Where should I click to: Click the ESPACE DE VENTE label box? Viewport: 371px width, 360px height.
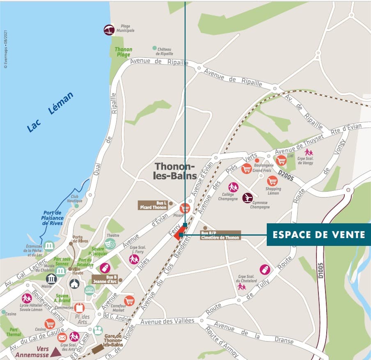point(319,235)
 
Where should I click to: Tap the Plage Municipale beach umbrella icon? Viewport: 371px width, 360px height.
point(109,30)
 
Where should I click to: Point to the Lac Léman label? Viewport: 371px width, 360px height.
point(50,112)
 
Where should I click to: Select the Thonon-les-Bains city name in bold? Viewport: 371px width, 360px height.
point(175,171)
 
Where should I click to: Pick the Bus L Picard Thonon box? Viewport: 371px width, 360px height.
point(153,205)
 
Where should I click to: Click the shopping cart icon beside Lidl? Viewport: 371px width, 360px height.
point(281,160)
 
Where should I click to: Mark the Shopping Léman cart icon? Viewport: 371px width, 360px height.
point(272,181)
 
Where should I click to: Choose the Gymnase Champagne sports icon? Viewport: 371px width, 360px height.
point(247,198)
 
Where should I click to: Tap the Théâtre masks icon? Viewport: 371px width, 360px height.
point(110,243)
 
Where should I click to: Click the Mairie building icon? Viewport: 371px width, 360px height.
point(51,279)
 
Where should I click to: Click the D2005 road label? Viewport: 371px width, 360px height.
point(286,172)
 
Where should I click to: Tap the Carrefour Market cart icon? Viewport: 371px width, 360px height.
point(129,301)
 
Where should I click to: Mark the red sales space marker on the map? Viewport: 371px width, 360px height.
point(178,235)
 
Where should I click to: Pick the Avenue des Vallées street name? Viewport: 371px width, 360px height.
point(167,321)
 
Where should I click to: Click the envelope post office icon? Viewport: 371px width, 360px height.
point(62,337)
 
